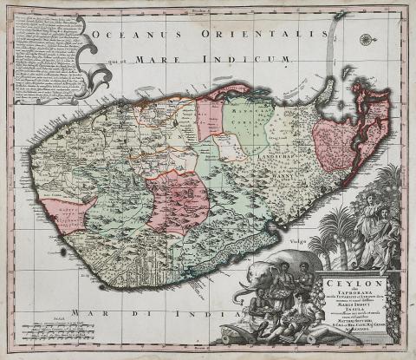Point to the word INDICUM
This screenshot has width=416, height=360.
pyautogui.click(x=256, y=60)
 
